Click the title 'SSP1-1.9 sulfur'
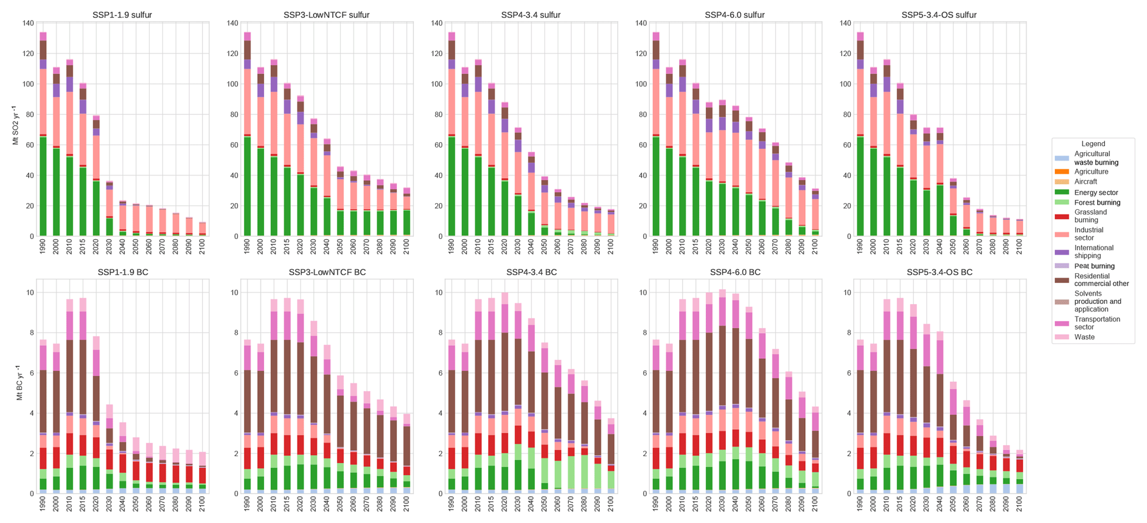tap(122, 15)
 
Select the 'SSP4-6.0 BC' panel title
tap(735, 273)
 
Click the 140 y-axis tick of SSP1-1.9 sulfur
tap(28, 23)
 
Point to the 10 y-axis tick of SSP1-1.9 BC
tap(30, 293)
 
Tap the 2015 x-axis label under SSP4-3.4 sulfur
tap(491, 248)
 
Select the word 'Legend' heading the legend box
tap(1093, 144)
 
